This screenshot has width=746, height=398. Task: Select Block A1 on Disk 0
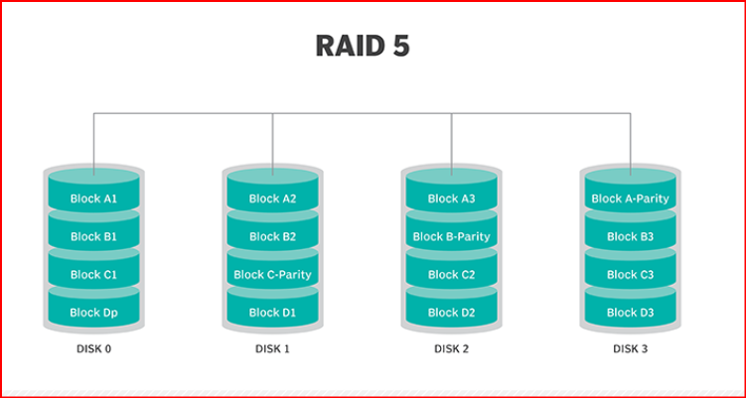pyautogui.click(x=94, y=199)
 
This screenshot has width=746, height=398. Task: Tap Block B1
pyautogui.click(x=94, y=236)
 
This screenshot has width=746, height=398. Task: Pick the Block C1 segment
pyautogui.click(x=94, y=274)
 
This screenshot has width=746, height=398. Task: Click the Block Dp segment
pyautogui.click(x=94, y=312)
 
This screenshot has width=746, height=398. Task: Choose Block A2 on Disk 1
pyautogui.click(x=273, y=199)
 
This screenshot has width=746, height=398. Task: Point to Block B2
pyautogui.click(x=273, y=236)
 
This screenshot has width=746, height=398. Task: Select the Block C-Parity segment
pyautogui.click(x=273, y=274)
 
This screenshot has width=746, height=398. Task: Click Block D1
pyautogui.click(x=273, y=312)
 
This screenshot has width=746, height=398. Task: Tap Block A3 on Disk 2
pyautogui.click(x=452, y=199)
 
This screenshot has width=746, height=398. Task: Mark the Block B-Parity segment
pyautogui.click(x=452, y=236)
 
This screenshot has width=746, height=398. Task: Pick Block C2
pyautogui.click(x=452, y=274)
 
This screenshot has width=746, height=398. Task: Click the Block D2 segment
pyautogui.click(x=452, y=312)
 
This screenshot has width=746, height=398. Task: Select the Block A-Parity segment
pyautogui.click(x=631, y=199)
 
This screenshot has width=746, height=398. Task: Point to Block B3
pyautogui.click(x=631, y=236)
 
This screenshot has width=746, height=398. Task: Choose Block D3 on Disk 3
pyautogui.click(x=631, y=312)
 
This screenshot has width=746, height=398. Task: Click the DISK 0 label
pyautogui.click(x=94, y=348)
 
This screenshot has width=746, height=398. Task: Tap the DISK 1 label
pyautogui.click(x=273, y=348)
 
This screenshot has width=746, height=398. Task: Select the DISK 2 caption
pyautogui.click(x=452, y=348)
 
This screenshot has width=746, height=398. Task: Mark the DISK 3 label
pyautogui.click(x=631, y=348)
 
